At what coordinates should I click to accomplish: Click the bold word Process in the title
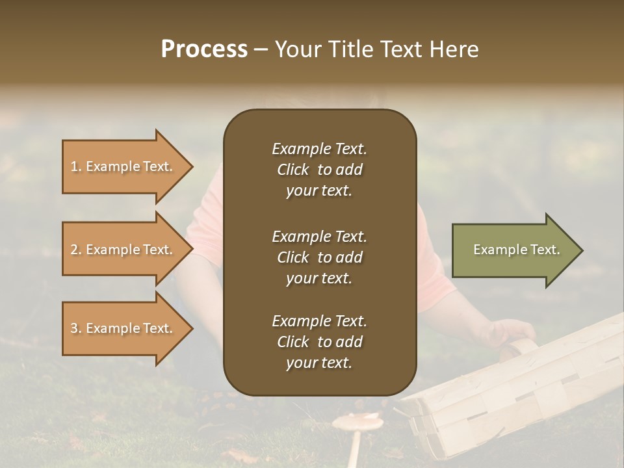204,49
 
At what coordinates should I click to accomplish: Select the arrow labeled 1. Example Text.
127,166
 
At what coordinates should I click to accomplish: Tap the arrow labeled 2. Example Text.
127,250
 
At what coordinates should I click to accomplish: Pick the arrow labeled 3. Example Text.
127,328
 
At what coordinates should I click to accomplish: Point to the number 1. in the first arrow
76,166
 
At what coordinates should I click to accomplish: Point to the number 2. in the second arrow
76,250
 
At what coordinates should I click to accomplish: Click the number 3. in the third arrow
76,328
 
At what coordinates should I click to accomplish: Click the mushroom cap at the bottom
357,423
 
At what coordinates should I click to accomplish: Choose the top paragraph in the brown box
319,170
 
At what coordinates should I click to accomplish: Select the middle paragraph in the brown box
319,257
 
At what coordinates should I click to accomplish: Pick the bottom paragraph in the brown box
319,342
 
